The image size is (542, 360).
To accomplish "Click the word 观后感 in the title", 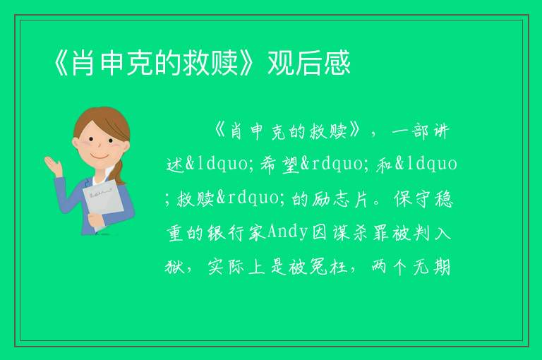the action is (x=309, y=63).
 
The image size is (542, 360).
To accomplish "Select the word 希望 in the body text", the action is (x=279, y=164).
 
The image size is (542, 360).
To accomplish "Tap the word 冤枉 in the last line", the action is (x=328, y=267).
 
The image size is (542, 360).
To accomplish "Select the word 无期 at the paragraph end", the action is (x=432, y=267).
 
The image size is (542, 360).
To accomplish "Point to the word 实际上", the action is (x=236, y=267).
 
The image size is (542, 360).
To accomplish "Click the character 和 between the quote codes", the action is (x=384, y=164).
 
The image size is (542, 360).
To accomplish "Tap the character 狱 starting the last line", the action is (x=174, y=267).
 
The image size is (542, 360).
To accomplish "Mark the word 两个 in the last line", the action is (x=390, y=267).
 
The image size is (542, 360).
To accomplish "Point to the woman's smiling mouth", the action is (x=100, y=157).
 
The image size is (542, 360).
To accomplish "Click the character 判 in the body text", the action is (x=422, y=232).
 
